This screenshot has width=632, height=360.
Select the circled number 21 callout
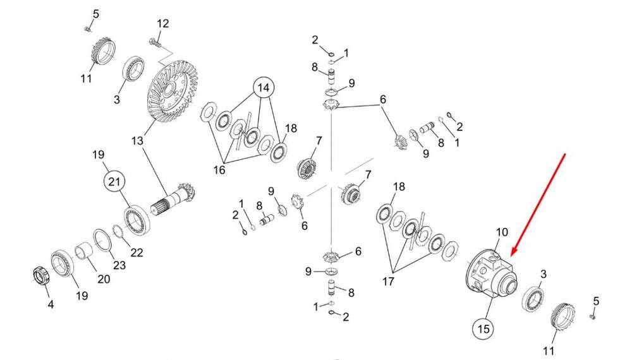pyautogui.click(x=114, y=183)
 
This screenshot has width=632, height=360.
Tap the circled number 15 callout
pyautogui.click(x=483, y=328)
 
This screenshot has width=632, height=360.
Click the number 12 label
pyautogui.click(x=163, y=24)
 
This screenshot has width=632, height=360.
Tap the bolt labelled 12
pyautogui.click(x=153, y=42)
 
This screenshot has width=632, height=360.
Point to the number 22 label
pyautogui.click(x=137, y=253)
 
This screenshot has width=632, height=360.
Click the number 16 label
pyautogui.click(x=219, y=170)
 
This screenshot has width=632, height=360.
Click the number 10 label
pyautogui.click(x=501, y=232)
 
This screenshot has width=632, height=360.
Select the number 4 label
pyautogui.click(x=51, y=304)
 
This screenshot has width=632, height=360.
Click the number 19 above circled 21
pyautogui.click(x=98, y=155)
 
